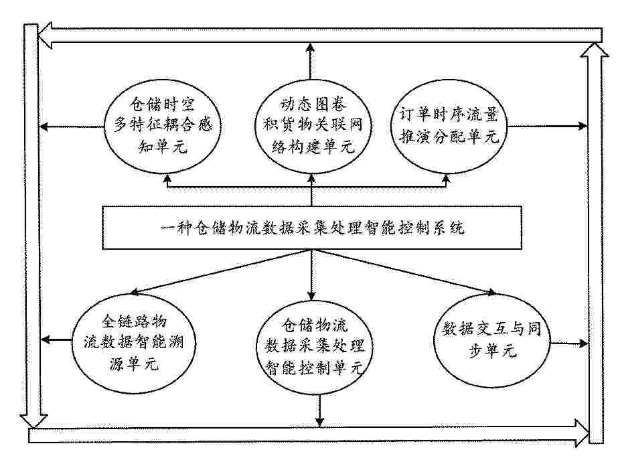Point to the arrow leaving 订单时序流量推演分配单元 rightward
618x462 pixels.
tap(547, 126)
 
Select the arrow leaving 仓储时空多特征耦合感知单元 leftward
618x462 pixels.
tap(72, 127)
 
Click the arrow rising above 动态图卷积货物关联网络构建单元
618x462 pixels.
tap(311, 62)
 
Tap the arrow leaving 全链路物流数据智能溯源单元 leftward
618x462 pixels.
tap(56, 339)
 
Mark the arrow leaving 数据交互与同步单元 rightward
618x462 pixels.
tap(568, 343)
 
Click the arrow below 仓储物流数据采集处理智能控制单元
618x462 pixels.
tap(319, 410)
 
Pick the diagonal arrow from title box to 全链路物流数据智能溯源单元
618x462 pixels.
tap(222, 272)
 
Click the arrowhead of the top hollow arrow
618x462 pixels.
tap(45, 35)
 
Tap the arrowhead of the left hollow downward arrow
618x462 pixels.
tap(33, 421)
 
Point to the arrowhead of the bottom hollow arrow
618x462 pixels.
tap(582, 433)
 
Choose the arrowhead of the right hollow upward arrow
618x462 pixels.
tap(595, 50)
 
